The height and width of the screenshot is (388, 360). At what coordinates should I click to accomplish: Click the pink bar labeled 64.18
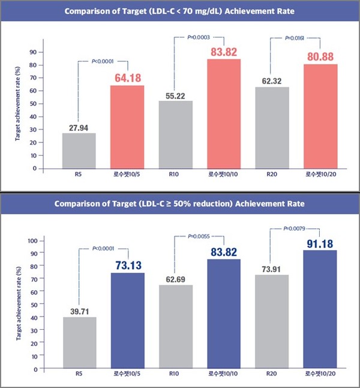click(127, 127)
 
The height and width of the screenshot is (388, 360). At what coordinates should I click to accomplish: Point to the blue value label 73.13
click(127, 263)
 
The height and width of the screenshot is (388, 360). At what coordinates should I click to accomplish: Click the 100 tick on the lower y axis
click(30, 240)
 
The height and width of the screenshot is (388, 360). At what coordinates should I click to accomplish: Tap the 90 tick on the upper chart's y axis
click(32, 52)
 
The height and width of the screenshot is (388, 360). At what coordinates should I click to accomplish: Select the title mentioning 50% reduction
click(179, 204)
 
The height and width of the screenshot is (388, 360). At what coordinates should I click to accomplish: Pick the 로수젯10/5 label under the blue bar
click(127, 374)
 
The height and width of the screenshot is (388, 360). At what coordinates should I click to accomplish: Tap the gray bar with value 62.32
click(271, 127)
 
